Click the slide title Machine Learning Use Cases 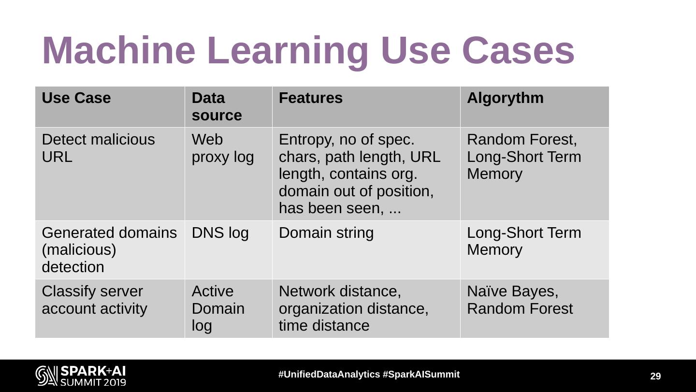(x=308, y=50)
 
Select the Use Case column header (x=76, y=98)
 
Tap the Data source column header (x=217, y=107)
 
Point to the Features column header (x=310, y=98)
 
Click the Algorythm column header (x=505, y=98)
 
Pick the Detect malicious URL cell (x=98, y=148)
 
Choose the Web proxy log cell (x=222, y=148)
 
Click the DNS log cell (x=220, y=233)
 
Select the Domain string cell (x=326, y=233)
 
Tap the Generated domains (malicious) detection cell (x=109, y=250)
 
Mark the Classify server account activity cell (x=94, y=300)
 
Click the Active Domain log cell (x=218, y=308)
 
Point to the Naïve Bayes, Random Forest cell (x=520, y=300)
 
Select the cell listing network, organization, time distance (x=353, y=308)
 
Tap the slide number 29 (x=655, y=377)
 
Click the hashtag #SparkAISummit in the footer (x=421, y=375)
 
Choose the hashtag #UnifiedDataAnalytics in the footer (x=329, y=375)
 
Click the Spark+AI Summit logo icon (x=46, y=376)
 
